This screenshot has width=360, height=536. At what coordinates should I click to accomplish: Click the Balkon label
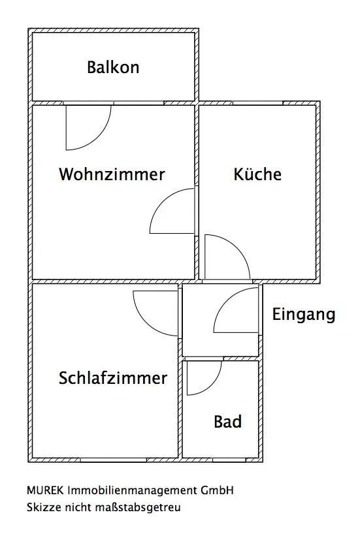point(113,67)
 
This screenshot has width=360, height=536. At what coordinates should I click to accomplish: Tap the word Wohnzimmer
point(112,174)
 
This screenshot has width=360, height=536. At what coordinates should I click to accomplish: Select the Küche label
point(257,174)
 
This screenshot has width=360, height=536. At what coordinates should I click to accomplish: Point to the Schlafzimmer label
point(113,378)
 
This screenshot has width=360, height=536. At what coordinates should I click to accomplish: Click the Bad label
point(227,422)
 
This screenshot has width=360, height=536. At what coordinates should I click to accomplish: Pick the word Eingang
point(304,315)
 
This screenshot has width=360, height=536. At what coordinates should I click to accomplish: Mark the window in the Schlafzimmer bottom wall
point(113,460)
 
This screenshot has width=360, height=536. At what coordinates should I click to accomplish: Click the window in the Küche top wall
point(258,103)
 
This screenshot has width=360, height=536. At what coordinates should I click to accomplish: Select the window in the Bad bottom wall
point(229,460)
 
